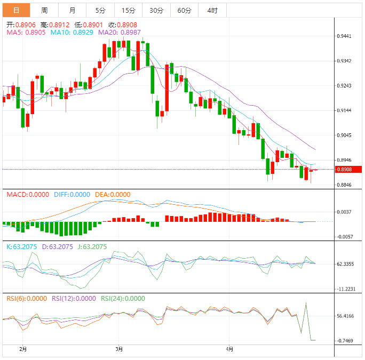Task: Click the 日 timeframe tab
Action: tap(16, 10)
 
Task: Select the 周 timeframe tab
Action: tap(44, 10)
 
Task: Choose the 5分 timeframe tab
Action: tap(100, 10)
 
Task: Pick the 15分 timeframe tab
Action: tap(128, 10)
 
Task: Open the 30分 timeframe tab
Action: tap(156, 10)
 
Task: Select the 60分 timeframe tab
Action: tap(184, 10)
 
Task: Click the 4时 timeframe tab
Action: tap(212, 10)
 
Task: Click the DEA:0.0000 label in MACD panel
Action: tap(113, 195)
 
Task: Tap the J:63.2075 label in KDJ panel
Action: tap(91, 247)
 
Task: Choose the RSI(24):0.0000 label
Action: tap(123, 299)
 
